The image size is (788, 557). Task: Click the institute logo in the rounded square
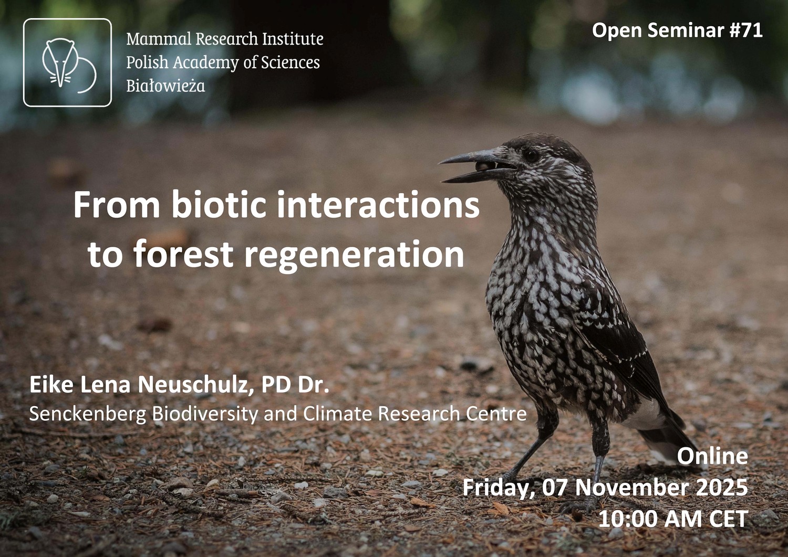tap(68, 62)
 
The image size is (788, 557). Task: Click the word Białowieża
tap(165, 86)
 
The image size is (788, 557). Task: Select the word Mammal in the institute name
tap(159, 39)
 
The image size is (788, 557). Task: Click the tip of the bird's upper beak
tap(440, 162)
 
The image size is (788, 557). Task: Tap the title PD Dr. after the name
tap(295, 385)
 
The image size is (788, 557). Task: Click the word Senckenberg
tap(88, 414)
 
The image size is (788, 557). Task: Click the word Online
tap(712, 456)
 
